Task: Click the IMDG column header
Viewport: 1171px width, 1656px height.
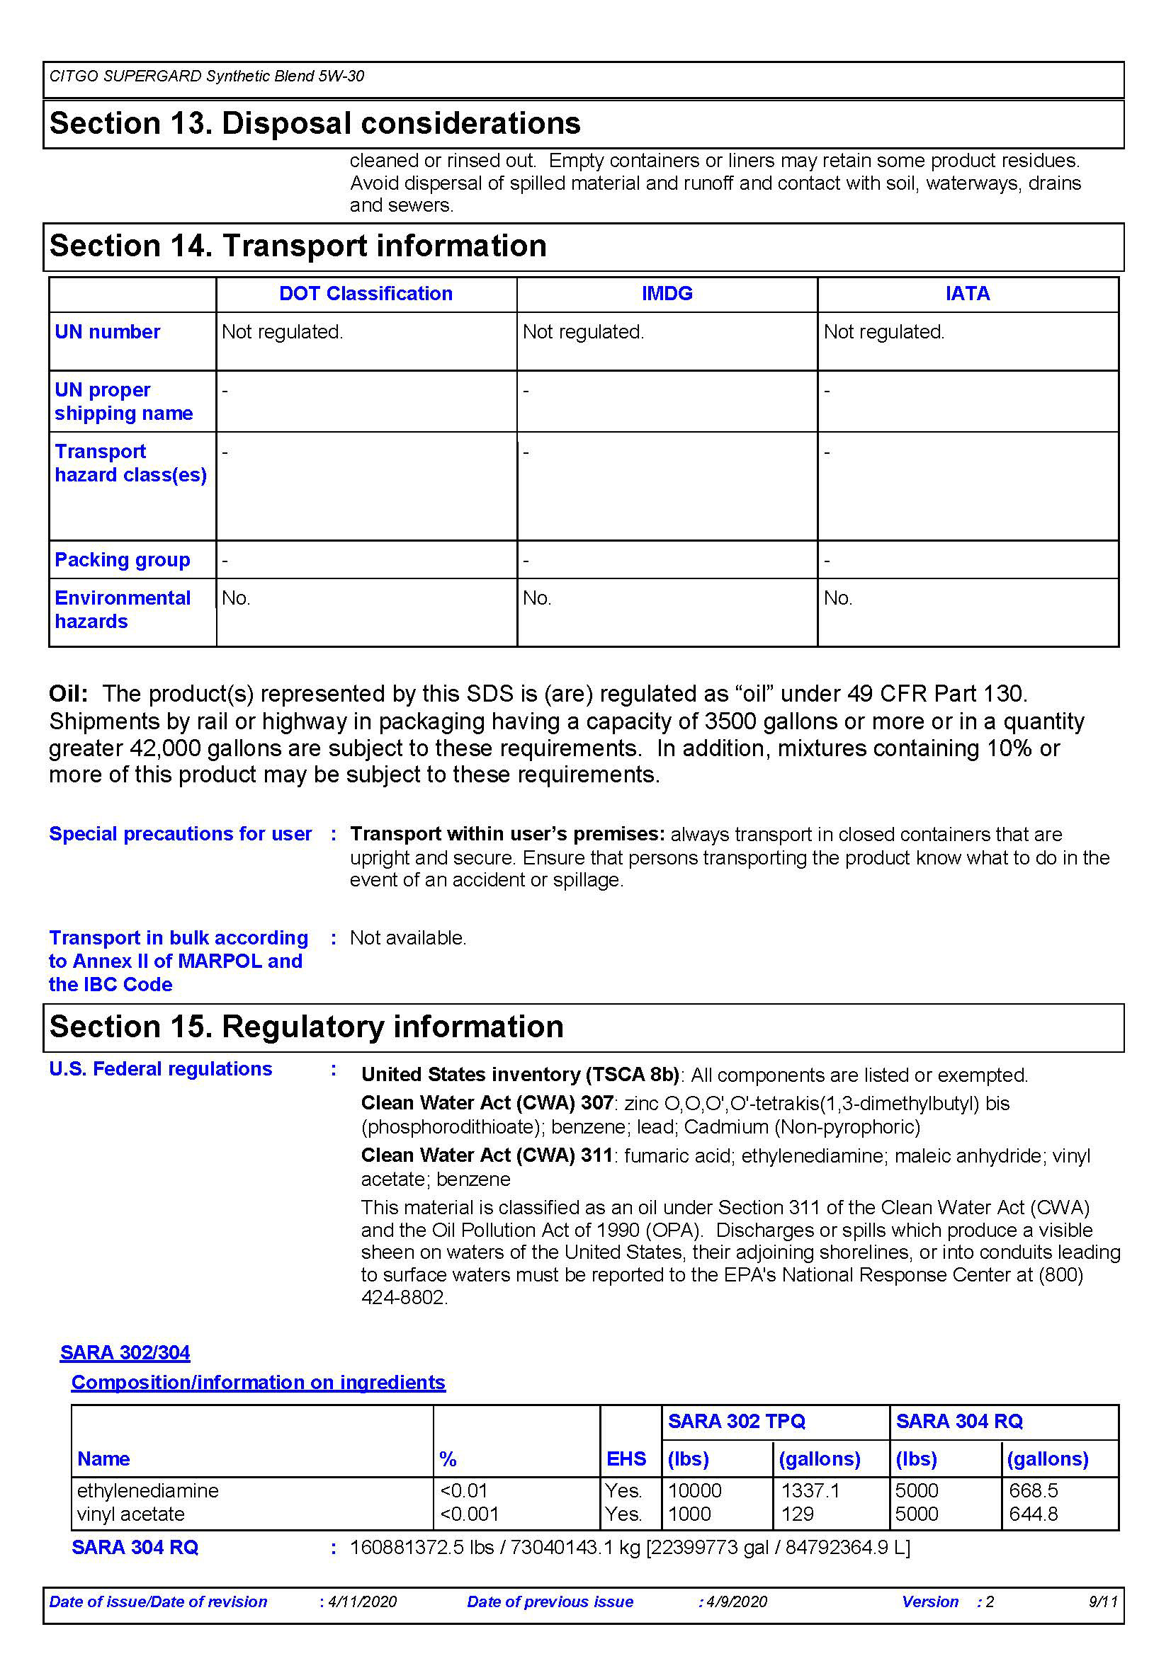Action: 667,294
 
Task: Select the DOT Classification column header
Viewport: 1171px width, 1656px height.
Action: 366,294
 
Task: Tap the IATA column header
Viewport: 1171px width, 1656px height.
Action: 968,294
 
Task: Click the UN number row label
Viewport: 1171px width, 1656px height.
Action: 108,332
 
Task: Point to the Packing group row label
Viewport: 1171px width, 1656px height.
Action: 123,560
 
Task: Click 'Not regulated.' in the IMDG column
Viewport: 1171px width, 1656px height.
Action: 583,332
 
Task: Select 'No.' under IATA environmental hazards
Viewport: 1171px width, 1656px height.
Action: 837,598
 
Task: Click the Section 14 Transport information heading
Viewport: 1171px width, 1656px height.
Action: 298,246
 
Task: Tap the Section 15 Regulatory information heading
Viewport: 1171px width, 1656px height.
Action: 307,1027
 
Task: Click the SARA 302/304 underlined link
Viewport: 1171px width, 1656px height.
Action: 125,1352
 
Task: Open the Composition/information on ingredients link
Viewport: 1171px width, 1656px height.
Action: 259,1382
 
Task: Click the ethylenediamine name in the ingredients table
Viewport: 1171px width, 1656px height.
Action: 148,1490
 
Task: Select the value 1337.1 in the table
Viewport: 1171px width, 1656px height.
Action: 810,1490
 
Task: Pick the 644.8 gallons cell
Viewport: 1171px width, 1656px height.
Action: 1033,1514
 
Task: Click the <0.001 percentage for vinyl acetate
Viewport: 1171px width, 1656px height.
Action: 469,1514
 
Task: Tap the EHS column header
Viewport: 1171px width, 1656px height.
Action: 626,1458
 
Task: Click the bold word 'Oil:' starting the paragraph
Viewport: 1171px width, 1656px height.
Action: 69,694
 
